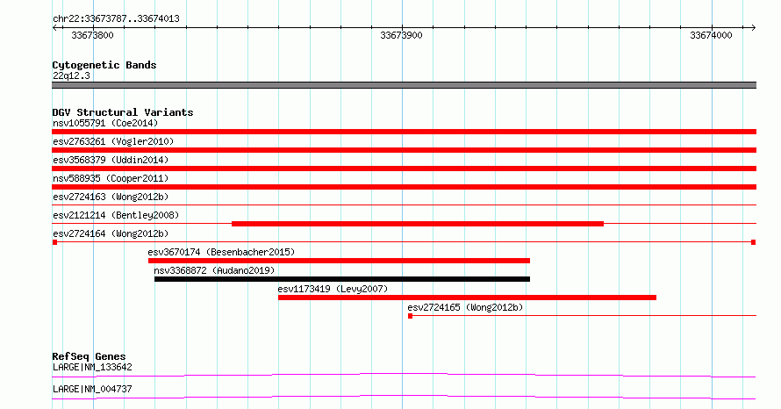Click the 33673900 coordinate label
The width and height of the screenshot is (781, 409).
[401, 35]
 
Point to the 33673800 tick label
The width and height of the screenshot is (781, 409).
[92, 35]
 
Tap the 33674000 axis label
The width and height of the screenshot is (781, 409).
[711, 35]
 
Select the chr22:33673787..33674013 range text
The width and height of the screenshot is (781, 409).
[116, 19]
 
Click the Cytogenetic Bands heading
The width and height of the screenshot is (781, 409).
[104, 65]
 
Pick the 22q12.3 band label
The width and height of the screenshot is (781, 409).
[71, 75]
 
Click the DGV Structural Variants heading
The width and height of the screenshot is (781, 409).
[123, 112]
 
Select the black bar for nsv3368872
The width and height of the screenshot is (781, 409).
[342, 279]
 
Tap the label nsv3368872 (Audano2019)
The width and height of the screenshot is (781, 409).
[214, 270]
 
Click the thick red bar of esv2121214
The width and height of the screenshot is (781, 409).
[418, 224]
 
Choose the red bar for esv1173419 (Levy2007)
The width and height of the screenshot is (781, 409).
[467, 298]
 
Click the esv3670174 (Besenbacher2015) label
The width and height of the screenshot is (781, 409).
[221, 252]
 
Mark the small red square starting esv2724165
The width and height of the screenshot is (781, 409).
[410, 316]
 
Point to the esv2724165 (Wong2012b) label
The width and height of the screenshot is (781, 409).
[465, 307]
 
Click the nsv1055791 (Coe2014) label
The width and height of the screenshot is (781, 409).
[105, 123]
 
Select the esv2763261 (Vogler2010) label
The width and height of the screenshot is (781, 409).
[113, 141]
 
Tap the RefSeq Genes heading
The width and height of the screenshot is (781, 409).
[89, 356]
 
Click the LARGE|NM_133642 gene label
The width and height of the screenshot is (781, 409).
[92, 367]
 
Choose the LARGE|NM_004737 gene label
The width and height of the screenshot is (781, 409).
[92, 389]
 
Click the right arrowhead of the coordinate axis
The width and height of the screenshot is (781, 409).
[754, 28]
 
